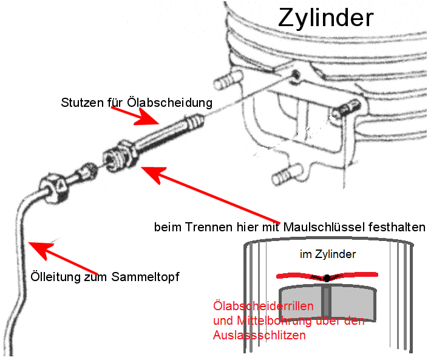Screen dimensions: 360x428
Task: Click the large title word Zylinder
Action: pyautogui.click(x=325, y=18)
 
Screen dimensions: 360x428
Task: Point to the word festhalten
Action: pyautogui.click(x=395, y=228)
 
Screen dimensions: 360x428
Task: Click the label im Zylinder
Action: pyautogui.click(x=327, y=254)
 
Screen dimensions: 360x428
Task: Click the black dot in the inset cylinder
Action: pyautogui.click(x=327, y=278)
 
